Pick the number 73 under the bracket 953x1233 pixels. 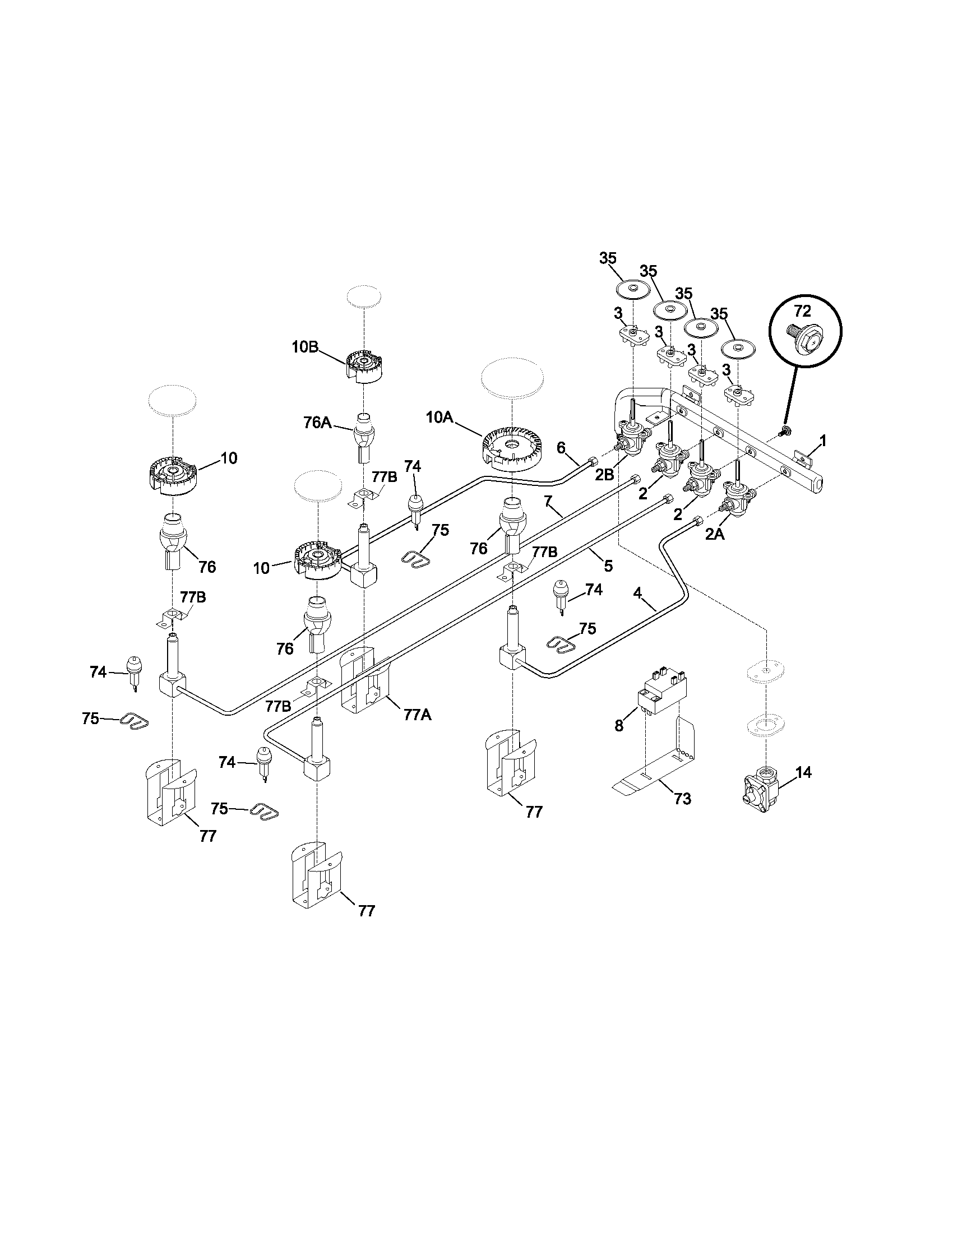pos(682,799)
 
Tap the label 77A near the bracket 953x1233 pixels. pos(418,715)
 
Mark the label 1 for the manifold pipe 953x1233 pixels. pos(823,441)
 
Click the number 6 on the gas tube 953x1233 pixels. pos(561,448)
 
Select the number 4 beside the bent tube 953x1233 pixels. pos(637,593)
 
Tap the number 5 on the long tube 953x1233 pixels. pos(608,565)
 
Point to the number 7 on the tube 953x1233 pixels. pos(547,500)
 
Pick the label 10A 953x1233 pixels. pos(440,417)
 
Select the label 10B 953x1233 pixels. pos(305,347)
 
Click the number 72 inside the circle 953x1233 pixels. pos(802,311)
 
